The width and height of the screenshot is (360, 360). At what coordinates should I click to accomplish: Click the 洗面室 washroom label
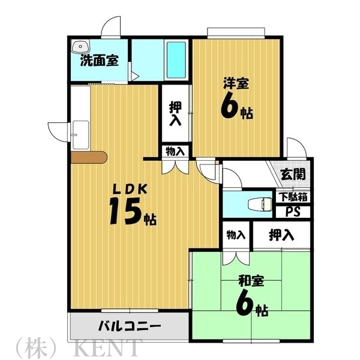tap(100, 60)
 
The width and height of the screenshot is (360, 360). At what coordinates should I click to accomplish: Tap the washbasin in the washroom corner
tap(79, 46)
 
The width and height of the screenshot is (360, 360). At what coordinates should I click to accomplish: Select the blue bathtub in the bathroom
tap(176, 60)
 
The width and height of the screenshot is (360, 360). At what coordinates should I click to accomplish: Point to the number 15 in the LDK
tap(125, 211)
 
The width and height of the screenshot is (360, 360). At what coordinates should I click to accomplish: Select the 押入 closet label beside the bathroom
tap(175, 113)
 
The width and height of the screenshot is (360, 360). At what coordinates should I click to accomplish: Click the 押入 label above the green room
tap(281, 234)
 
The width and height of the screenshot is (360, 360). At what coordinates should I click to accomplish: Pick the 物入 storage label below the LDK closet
tap(175, 151)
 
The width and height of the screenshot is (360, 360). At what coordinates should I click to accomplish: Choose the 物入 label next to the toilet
tap(236, 234)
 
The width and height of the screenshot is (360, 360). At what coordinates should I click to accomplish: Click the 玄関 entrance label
tap(293, 175)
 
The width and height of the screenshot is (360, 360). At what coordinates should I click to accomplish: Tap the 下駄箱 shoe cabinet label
tap(293, 197)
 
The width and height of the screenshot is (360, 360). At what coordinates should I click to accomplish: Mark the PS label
tap(293, 211)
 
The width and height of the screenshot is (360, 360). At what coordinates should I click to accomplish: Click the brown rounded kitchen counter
tap(88, 157)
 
